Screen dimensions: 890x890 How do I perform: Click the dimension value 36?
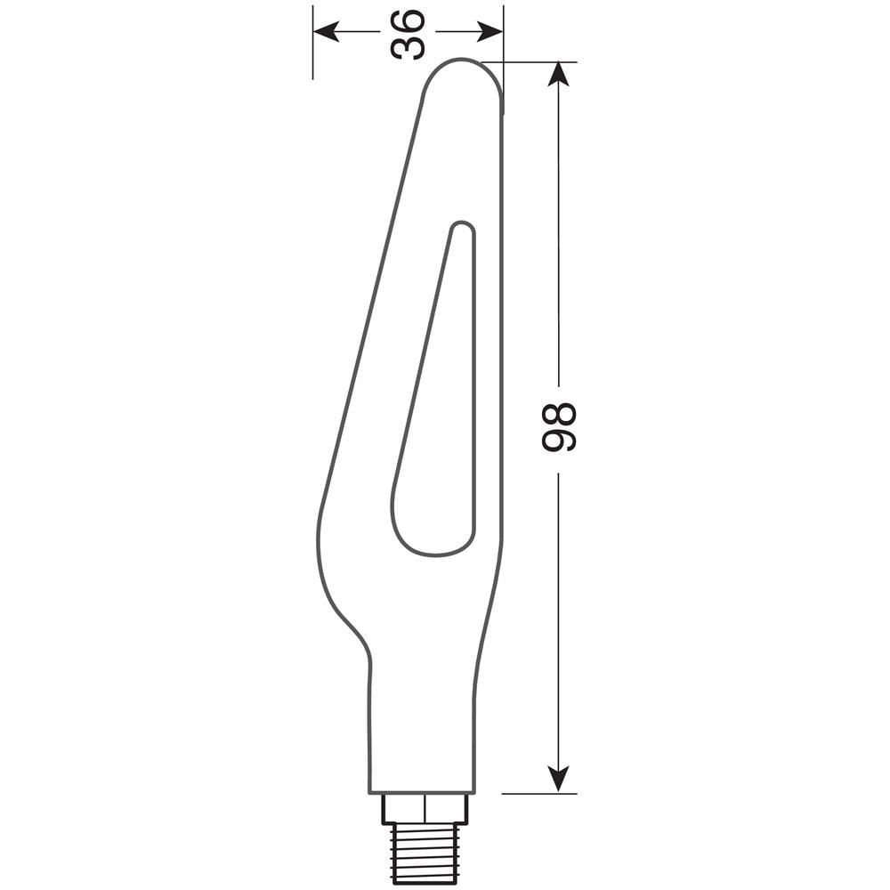click(x=408, y=34)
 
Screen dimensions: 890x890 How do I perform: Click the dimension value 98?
click(x=560, y=427)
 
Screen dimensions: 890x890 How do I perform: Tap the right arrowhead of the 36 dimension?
click(x=491, y=33)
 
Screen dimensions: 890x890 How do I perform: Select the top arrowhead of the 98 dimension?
click(x=558, y=73)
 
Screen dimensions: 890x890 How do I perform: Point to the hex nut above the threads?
click(x=425, y=809)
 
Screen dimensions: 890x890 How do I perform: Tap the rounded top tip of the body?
click(x=462, y=64)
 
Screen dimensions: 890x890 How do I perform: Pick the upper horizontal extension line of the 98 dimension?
click(x=534, y=61)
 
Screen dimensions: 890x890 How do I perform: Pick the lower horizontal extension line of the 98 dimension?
click(x=538, y=793)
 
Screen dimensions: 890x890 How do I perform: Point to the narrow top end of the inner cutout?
click(x=462, y=228)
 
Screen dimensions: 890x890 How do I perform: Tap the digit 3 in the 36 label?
click(x=408, y=47)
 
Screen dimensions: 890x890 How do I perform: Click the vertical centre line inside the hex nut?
click(x=425, y=809)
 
